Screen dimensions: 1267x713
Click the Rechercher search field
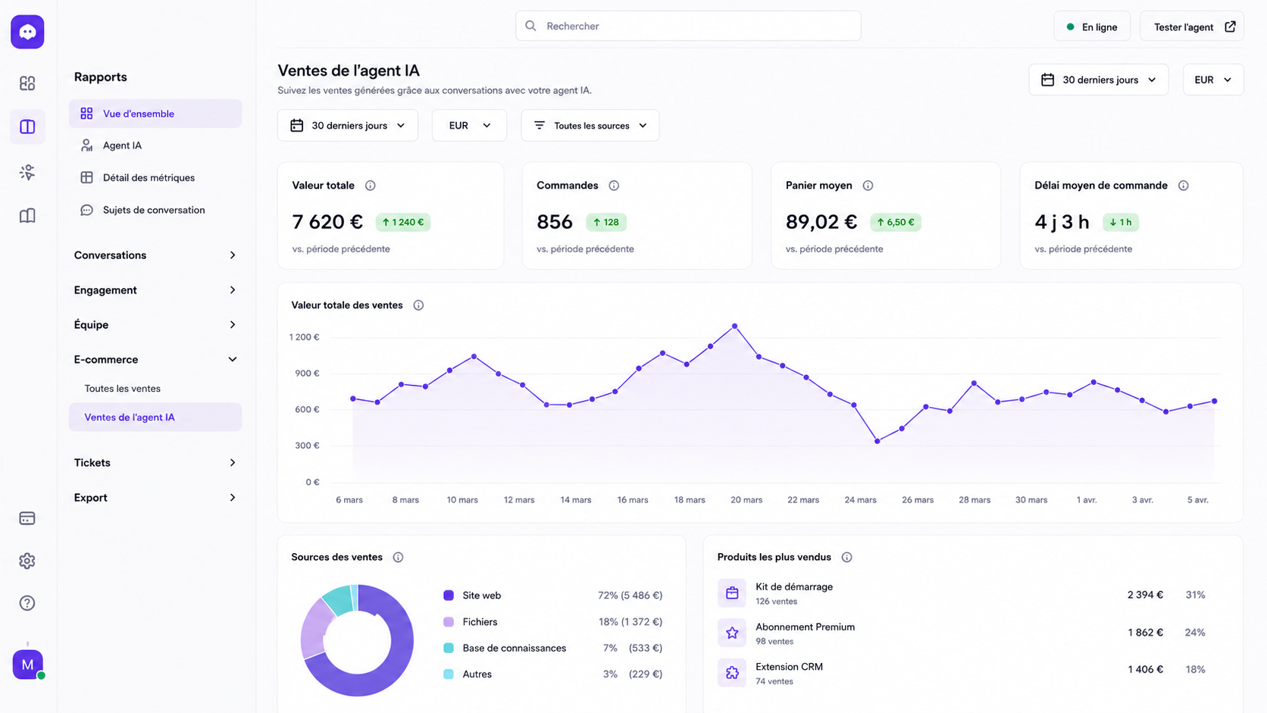click(x=688, y=26)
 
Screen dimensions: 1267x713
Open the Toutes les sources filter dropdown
click(x=590, y=126)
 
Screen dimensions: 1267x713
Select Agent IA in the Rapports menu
click(x=122, y=145)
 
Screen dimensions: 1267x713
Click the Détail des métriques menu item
click(x=149, y=177)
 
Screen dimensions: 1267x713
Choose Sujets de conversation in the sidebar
click(x=154, y=210)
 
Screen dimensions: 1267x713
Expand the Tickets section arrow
click(x=233, y=462)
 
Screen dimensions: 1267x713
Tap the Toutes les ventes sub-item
click(x=122, y=389)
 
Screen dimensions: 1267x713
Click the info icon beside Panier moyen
click(x=868, y=186)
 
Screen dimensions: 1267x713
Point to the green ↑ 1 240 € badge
click(x=402, y=222)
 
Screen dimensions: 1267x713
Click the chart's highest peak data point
click(x=735, y=327)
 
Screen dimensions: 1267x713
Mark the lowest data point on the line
click(x=878, y=441)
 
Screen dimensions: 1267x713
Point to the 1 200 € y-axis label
click(x=305, y=337)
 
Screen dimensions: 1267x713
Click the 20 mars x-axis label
click(x=746, y=500)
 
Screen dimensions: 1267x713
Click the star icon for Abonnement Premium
click(x=732, y=633)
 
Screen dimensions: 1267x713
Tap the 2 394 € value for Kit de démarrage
click(x=1145, y=595)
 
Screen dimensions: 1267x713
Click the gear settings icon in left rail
click(x=27, y=561)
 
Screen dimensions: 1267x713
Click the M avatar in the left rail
click(x=28, y=665)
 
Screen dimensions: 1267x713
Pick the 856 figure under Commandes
click(x=555, y=222)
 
